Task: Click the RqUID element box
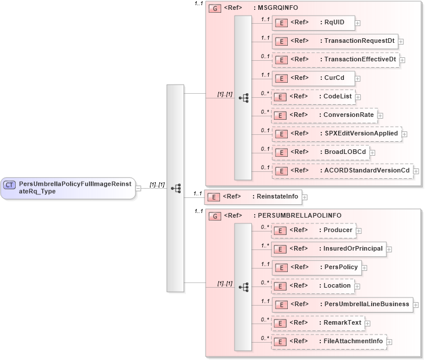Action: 313,23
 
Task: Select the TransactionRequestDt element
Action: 334,41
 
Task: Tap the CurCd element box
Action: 313,78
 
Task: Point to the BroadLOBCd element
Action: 320,152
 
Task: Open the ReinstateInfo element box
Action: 252,197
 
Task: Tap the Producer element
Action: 313,230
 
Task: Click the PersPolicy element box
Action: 316,267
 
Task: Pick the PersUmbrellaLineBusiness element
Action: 342,304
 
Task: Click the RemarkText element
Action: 317,323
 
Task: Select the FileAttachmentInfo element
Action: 328,341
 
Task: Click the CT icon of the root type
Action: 9,185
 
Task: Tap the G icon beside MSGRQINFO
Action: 215,9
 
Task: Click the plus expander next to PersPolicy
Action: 365,268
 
